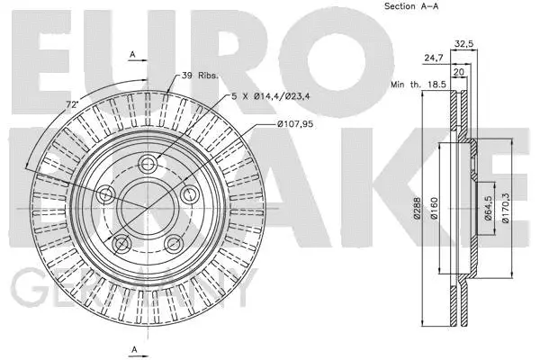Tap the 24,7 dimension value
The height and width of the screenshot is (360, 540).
tap(433, 58)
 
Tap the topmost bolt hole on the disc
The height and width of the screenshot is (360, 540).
tap(149, 163)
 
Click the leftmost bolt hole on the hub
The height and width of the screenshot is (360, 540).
tap(105, 194)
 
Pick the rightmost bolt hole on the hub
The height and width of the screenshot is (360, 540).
tap(190, 193)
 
